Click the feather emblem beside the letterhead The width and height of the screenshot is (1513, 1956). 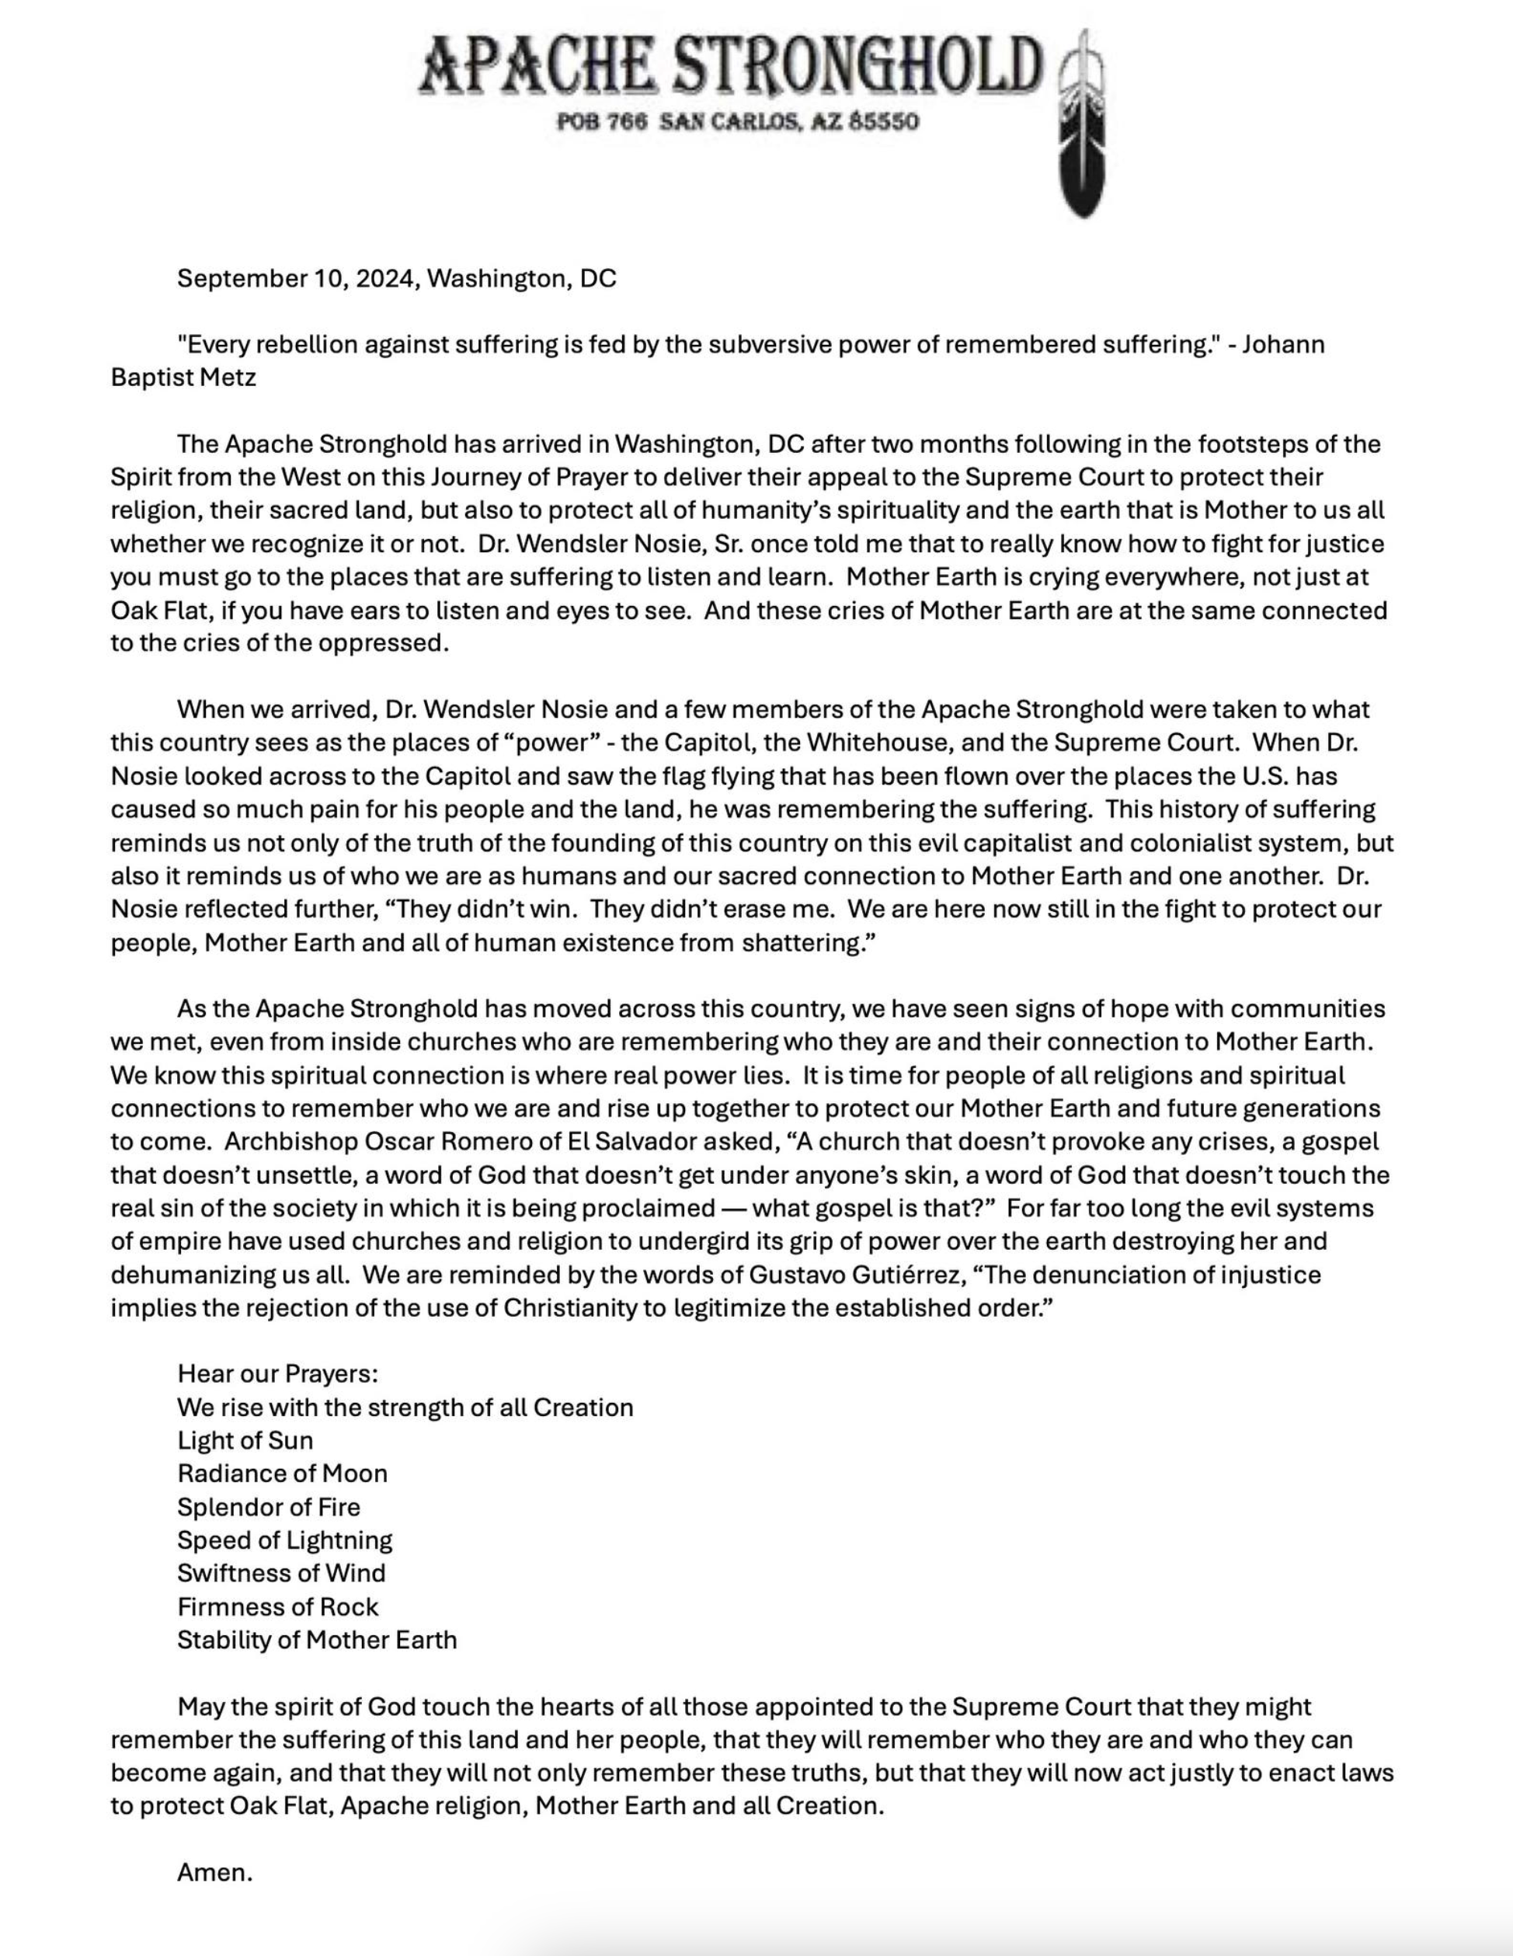coord(1081,125)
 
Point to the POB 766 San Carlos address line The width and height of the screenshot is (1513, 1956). coord(738,122)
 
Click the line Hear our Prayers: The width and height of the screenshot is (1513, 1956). coord(277,1374)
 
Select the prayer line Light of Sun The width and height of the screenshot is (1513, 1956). coord(245,1440)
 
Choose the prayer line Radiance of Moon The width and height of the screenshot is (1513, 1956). coord(282,1474)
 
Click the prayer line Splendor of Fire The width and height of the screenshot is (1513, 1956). coord(269,1506)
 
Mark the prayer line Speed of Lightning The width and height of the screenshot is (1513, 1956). coord(285,1540)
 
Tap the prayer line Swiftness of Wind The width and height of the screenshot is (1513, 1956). coord(281,1573)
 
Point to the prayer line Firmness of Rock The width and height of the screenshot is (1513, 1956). coord(277,1606)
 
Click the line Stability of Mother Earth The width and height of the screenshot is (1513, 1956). coord(317,1640)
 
